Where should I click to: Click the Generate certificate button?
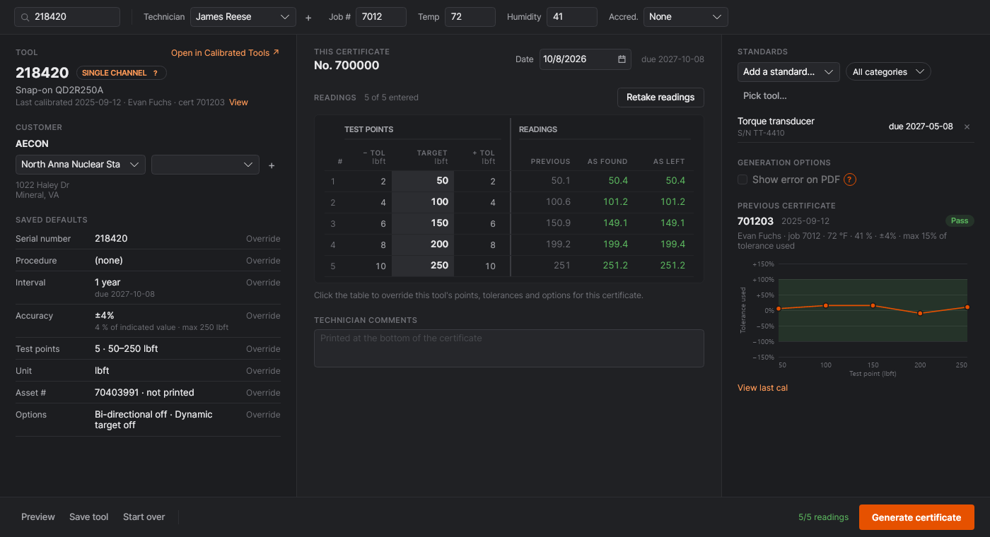click(916, 517)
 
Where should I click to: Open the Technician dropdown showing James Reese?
click(243, 17)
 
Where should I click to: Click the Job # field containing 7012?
click(380, 17)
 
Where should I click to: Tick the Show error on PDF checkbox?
click(742, 179)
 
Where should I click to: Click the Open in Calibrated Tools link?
click(225, 52)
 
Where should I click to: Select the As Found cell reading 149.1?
click(615, 223)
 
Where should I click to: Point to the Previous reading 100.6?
click(558, 202)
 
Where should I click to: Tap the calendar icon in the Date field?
click(622, 59)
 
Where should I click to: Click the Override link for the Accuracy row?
click(263, 316)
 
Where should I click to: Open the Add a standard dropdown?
click(788, 72)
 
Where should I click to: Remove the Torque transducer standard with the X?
click(967, 126)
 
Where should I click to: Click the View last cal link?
click(762, 388)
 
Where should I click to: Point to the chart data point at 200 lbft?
click(920, 314)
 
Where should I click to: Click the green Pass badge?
click(960, 220)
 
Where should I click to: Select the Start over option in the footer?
click(144, 517)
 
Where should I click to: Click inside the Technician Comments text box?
click(508, 348)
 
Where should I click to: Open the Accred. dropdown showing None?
click(685, 17)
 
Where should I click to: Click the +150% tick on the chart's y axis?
click(763, 264)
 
